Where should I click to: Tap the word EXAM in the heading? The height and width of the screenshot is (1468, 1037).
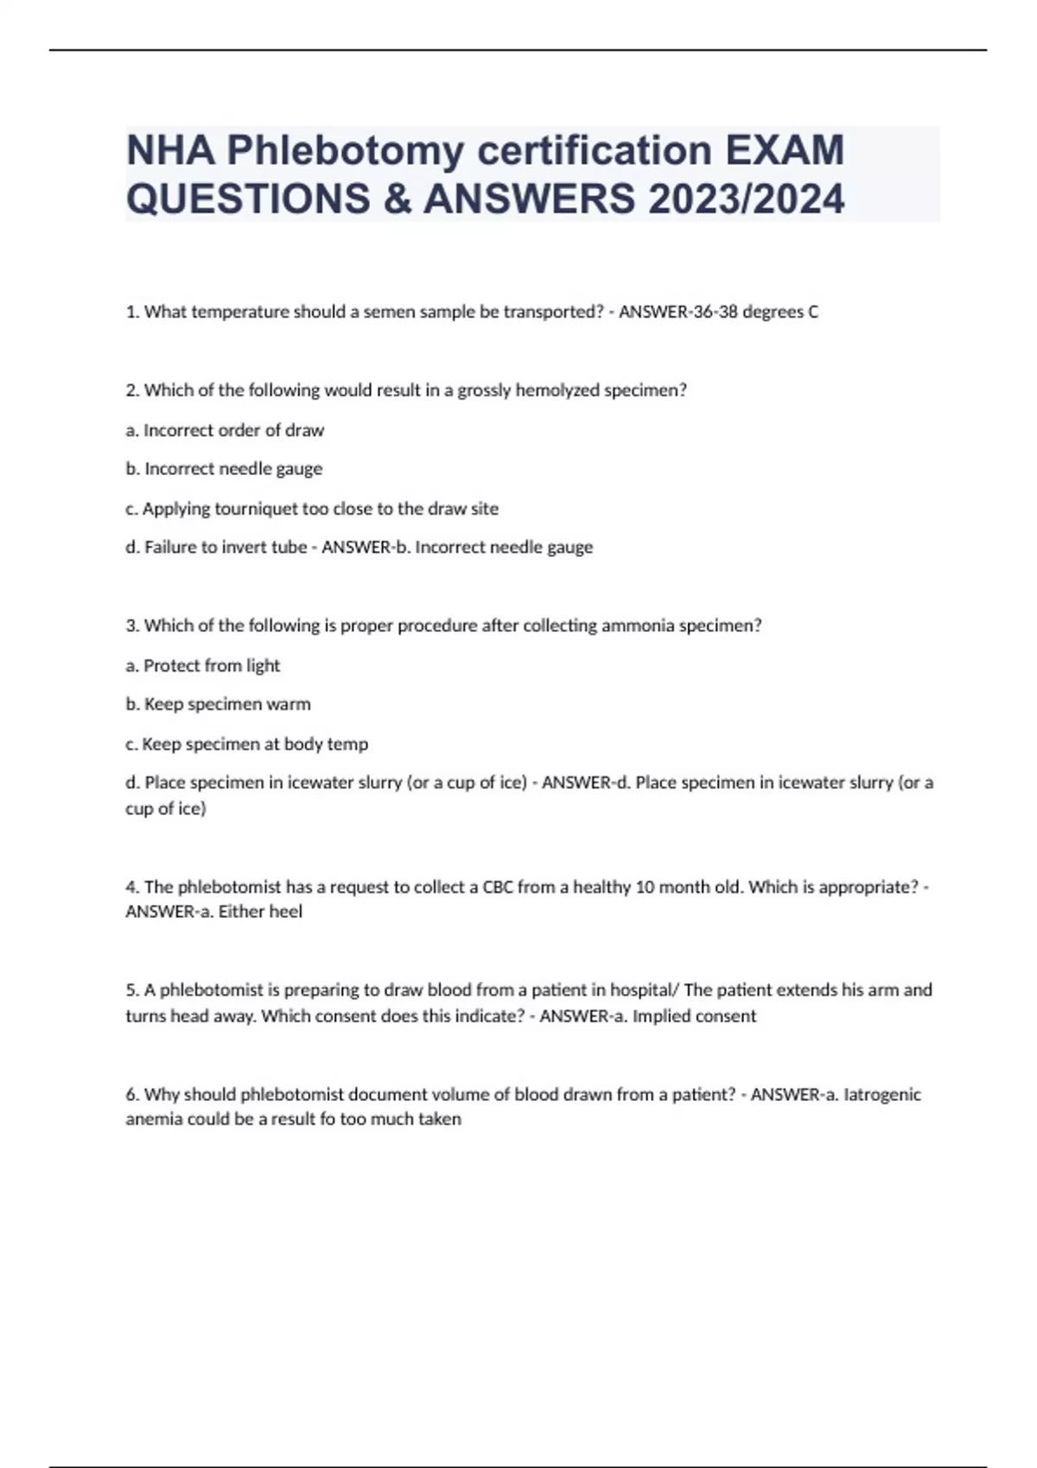785,150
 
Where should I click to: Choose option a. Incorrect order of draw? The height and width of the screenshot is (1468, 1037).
225,430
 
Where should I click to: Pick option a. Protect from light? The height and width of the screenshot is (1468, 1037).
203,665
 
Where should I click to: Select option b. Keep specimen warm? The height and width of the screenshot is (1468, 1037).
218,705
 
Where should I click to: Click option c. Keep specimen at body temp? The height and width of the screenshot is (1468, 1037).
246,743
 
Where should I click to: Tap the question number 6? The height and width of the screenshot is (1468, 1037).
132,1094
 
